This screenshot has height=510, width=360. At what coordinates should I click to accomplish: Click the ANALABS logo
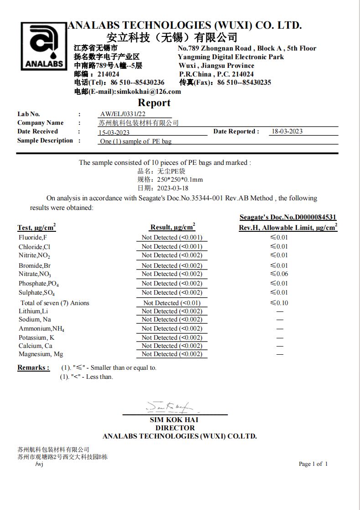[44, 47]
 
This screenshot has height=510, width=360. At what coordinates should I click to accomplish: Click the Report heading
[154, 103]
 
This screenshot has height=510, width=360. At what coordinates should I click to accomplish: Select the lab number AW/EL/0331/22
[123, 114]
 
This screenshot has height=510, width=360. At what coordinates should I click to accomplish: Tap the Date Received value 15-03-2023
[114, 133]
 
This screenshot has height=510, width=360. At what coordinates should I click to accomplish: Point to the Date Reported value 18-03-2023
[287, 132]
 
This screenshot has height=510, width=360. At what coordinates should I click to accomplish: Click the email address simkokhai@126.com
[149, 92]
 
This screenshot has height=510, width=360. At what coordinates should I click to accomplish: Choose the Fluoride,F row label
[33, 237]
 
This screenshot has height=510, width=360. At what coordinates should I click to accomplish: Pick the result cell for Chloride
[172, 246]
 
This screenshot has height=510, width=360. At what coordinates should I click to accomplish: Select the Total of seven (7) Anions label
[55, 303]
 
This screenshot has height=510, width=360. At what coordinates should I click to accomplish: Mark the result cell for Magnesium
[172, 354]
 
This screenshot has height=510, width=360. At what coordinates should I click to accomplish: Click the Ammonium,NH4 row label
[41, 329]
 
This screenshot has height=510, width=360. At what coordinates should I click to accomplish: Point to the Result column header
[172, 227]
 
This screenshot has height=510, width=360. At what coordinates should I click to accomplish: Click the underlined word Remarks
[33, 367]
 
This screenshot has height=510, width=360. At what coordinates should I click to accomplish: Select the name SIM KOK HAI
[174, 420]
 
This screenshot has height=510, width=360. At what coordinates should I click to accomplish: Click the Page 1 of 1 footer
[313, 464]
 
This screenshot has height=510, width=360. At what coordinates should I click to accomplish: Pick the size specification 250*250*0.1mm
[180, 180]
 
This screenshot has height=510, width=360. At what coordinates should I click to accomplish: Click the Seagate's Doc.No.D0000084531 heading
[288, 218]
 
